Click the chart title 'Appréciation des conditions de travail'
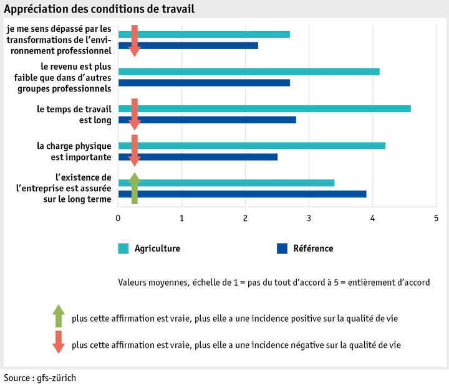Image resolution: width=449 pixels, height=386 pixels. [x=99, y=9]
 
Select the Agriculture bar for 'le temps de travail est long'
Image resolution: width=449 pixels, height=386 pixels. [x=264, y=108]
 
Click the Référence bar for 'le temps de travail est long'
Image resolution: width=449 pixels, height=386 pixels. [x=207, y=120]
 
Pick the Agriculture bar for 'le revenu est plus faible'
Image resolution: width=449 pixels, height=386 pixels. [x=249, y=71]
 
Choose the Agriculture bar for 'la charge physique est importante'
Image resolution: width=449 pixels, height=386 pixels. [x=252, y=146]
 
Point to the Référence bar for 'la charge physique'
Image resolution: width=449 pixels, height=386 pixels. [x=198, y=157]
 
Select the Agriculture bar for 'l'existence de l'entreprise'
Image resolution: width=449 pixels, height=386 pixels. [x=226, y=183]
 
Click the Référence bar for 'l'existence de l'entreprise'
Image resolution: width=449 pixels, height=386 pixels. [x=243, y=194]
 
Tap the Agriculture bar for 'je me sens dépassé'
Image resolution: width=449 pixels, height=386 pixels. [x=204, y=34]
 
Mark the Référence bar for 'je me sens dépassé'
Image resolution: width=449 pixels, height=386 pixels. [x=188, y=45]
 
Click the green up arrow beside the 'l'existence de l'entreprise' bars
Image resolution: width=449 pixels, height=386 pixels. [x=134, y=188]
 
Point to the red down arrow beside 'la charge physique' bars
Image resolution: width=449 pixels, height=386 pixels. [x=134, y=151]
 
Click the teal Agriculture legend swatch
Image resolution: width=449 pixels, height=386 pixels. [x=123, y=249]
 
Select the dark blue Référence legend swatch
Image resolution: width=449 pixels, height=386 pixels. [x=282, y=249]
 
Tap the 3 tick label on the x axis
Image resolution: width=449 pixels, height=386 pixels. [x=309, y=219]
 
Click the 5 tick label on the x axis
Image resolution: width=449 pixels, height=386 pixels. [x=436, y=219]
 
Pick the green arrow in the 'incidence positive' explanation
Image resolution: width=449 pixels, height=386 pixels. [x=58, y=316]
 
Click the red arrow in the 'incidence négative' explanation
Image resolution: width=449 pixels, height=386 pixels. [x=58, y=342]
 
